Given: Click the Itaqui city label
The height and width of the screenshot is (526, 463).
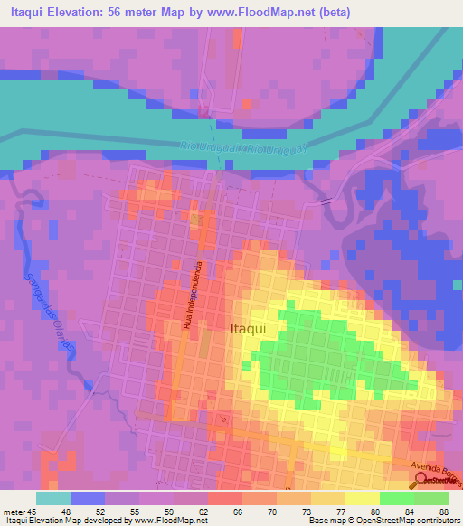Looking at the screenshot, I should pos(248,330).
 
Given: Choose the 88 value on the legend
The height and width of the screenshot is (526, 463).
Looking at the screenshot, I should pos(442,512).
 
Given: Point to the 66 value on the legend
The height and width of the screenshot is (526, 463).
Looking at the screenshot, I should pos(237,512).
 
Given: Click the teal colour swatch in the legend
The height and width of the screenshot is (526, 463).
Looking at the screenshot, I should pos(53,498).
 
